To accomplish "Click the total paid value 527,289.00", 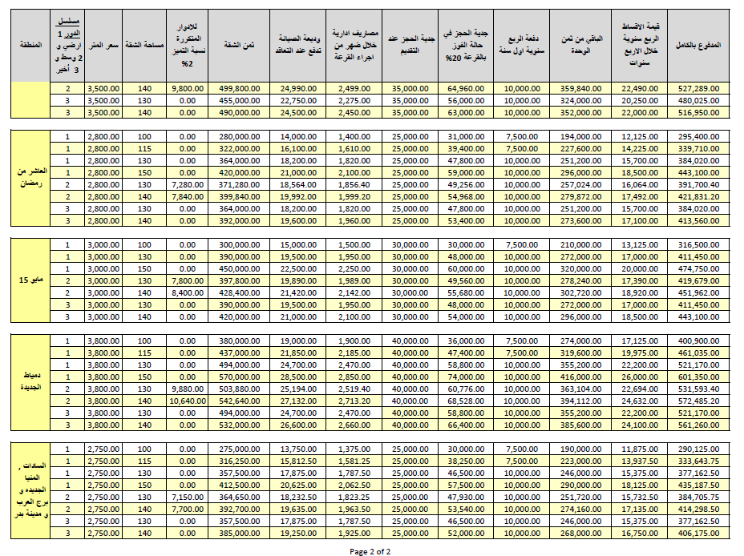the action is (x=697, y=89).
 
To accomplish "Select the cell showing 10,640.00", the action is (x=188, y=401).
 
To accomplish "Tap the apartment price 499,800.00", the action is (x=239, y=89).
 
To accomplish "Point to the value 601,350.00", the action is (x=697, y=377).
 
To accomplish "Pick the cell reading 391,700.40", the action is (x=697, y=185).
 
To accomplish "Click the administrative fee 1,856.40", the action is (x=354, y=185).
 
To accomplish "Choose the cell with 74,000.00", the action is (x=466, y=377).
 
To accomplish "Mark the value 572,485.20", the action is (x=697, y=401).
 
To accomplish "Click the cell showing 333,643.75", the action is (x=697, y=461).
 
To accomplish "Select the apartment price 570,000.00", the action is (x=239, y=377).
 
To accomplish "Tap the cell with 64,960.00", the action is (x=466, y=89).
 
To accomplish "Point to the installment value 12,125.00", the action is (x=640, y=136).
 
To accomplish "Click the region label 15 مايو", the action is (x=30, y=280).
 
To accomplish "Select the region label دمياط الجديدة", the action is (x=30, y=381).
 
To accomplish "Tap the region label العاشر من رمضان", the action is (x=30, y=177).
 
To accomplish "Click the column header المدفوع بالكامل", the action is (x=698, y=45).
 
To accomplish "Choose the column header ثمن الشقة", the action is (x=239, y=45).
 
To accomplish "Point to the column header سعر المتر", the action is (x=103, y=45).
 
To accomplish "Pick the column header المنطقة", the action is (x=30, y=45).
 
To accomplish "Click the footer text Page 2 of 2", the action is (x=370, y=551).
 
